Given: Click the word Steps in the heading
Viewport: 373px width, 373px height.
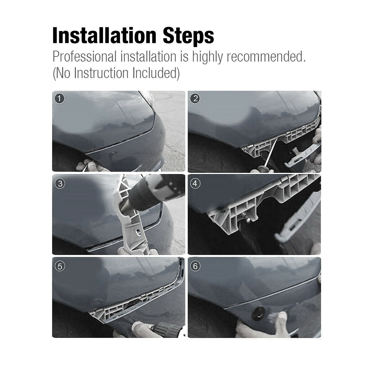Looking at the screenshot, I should pyautogui.click(x=187, y=36).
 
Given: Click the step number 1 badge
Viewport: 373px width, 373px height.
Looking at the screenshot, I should pyautogui.click(x=60, y=99).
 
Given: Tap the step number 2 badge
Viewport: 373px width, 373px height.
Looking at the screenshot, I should pyautogui.click(x=196, y=99).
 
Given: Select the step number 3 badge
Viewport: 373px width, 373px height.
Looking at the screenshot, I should pyautogui.click(x=60, y=183).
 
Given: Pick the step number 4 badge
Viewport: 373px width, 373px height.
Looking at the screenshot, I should pyautogui.click(x=196, y=183).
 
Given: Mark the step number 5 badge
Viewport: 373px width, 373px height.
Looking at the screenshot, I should pyautogui.click(x=60, y=266).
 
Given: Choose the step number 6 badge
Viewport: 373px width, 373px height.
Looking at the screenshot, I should pyautogui.click(x=196, y=266).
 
